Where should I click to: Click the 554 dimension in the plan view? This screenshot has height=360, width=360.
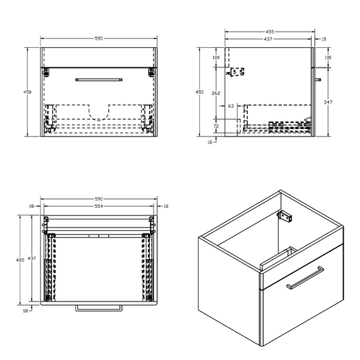(x=99, y=206)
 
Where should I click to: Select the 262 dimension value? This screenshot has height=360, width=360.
(x=216, y=94)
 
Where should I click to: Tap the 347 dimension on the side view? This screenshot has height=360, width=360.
(x=328, y=102)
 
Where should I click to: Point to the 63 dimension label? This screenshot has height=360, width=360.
(x=231, y=106)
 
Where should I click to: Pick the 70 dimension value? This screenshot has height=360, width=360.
(x=216, y=126)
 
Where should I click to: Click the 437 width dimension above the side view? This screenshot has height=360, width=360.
(x=268, y=39)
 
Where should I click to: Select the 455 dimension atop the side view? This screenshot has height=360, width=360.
(x=270, y=32)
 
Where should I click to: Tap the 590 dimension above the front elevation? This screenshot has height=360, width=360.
(x=99, y=38)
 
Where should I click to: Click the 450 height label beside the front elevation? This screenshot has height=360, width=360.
(x=28, y=92)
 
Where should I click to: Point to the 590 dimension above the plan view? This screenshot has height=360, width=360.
(x=99, y=199)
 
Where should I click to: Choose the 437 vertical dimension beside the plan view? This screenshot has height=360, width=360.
(x=32, y=258)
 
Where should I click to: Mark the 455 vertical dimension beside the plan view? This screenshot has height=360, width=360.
(x=20, y=260)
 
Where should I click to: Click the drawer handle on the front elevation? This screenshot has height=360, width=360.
(x=99, y=80)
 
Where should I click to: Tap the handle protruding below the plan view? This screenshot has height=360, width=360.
(x=99, y=308)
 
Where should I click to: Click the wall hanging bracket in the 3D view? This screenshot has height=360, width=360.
(x=285, y=216)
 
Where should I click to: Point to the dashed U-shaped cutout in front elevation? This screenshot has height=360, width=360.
(x=99, y=112)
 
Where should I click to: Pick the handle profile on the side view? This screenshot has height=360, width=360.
(x=318, y=80)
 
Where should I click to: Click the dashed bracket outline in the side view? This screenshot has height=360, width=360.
(x=236, y=72)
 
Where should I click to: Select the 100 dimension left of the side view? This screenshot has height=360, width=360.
(x=216, y=57)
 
